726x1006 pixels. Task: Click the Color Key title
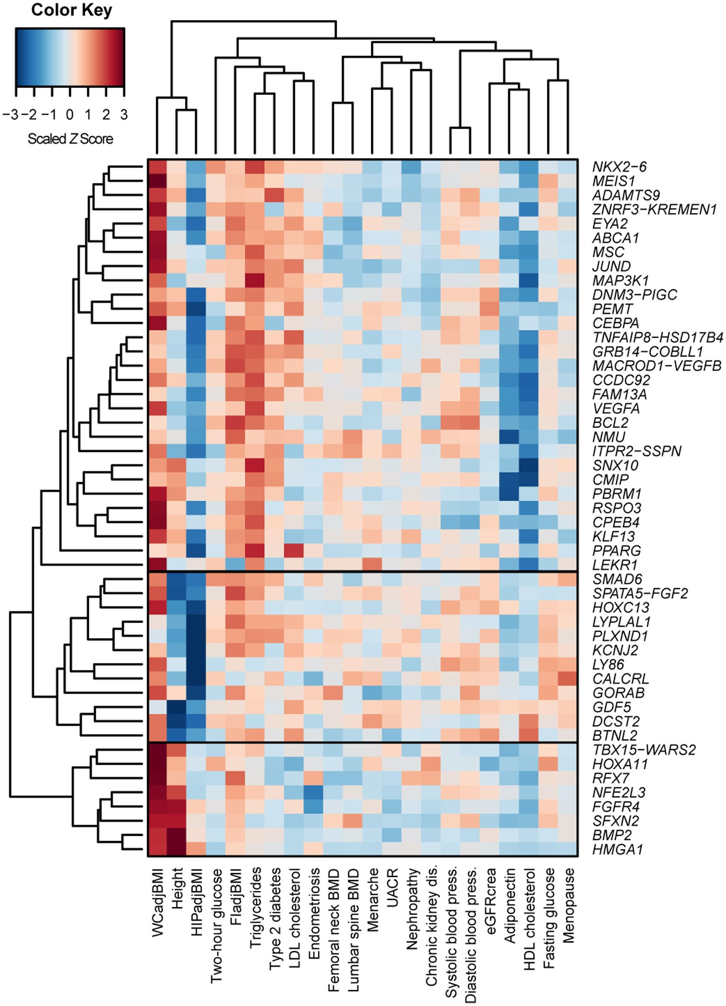(x=71, y=10)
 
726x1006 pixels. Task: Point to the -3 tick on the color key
(x=10, y=115)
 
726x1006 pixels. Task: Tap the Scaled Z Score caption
(x=70, y=139)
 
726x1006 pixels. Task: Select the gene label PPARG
(x=616, y=550)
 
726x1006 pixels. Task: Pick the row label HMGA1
(x=618, y=849)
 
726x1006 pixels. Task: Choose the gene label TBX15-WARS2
(x=644, y=750)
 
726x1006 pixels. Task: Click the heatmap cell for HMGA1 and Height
(x=176, y=849)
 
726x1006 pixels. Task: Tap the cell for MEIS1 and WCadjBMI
(x=157, y=181)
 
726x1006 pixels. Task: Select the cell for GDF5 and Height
(x=176, y=707)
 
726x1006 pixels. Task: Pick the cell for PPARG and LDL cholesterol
(x=294, y=550)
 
